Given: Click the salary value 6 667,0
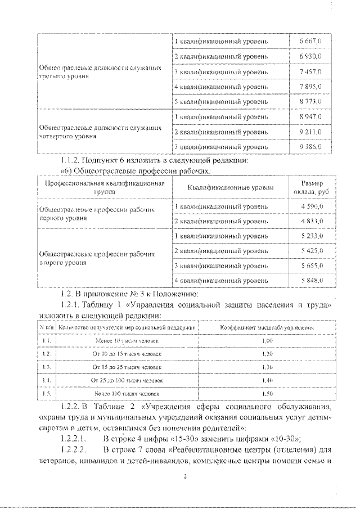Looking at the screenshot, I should coord(310,42).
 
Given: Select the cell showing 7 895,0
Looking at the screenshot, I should coord(310,87).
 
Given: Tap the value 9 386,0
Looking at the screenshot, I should coord(310,147).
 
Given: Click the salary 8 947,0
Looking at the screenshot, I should coord(310,116).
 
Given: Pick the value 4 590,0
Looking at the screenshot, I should coord(310,206).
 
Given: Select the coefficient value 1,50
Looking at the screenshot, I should coord(267,394).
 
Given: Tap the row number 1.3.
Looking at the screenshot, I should coord(47,367).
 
